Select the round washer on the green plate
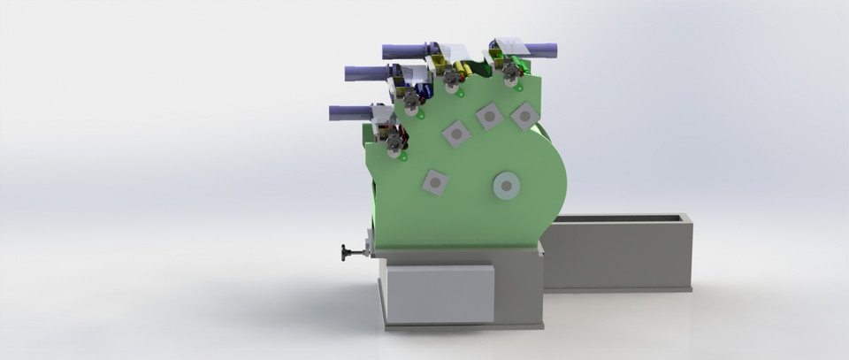pos(505,187)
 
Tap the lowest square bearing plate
pos(435,182)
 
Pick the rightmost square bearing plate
pos(524,115)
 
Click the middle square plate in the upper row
pos(489,116)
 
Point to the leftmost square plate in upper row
pos(456,134)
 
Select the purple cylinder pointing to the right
pos(541,50)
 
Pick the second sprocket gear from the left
pos(411,103)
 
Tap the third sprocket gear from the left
pos(453,81)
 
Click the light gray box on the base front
pos(440,293)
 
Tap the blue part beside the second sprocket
pos(426,89)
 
